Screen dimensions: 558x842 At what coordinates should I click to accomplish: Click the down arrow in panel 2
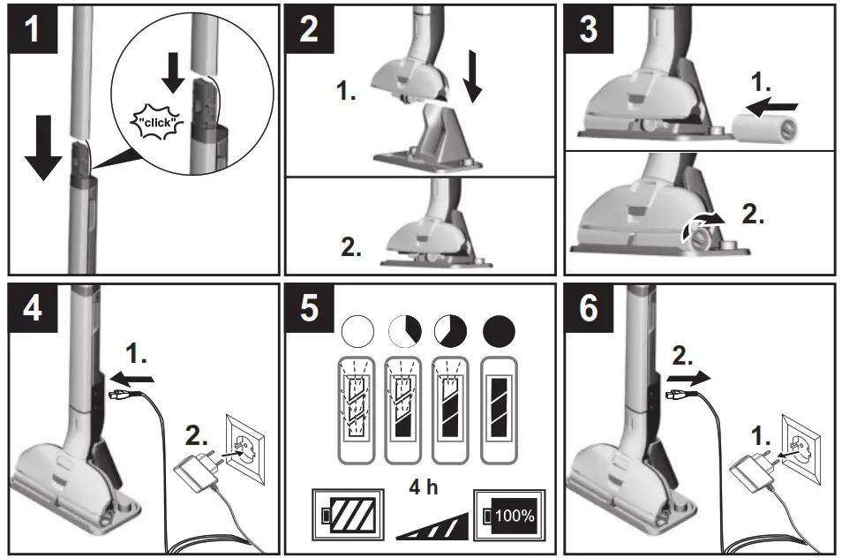[x=473, y=82]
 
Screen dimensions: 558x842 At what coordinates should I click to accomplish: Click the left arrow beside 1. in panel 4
[x=137, y=377]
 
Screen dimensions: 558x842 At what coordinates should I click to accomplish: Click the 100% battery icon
[x=509, y=514]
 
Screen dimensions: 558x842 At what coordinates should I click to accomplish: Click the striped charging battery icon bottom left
[x=345, y=514]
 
